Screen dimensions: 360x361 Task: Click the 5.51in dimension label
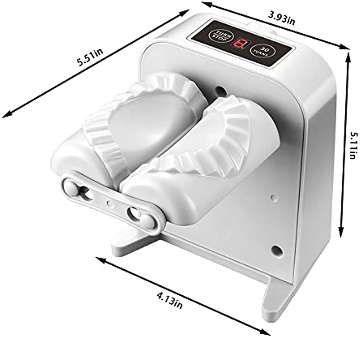pyautogui.click(x=90, y=57)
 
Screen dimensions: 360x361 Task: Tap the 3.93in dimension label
pyautogui.click(x=281, y=18)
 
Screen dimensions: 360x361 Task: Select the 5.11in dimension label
pyautogui.click(x=353, y=145)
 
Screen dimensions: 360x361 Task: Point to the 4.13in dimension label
pyautogui.click(x=170, y=300)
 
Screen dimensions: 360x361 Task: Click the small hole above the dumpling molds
pyautogui.click(x=221, y=90)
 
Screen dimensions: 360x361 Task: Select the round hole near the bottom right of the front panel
pyautogui.click(x=277, y=250)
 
